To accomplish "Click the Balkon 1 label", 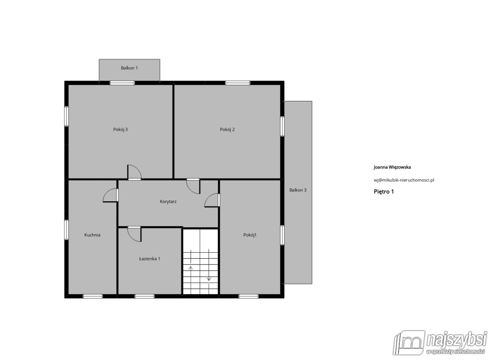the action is point(129,68).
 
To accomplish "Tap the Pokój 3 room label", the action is point(121,130).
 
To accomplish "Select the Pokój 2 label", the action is point(227,130).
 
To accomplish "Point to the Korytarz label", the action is point(168,202).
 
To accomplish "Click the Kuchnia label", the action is point(92,235).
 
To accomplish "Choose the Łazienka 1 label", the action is point(150,259).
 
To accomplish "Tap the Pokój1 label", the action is point(250,235).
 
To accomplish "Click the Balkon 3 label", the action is point(298,190).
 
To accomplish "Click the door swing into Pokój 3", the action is point(134,172).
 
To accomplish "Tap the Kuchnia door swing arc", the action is point(110,195).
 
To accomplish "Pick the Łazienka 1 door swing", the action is point(134,235).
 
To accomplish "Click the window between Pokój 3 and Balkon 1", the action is point(122,83).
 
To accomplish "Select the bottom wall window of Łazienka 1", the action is point(144,296).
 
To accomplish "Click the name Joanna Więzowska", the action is point(392,167).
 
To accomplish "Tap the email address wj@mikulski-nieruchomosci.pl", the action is point(404,180).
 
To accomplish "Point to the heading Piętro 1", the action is point(384,192).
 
